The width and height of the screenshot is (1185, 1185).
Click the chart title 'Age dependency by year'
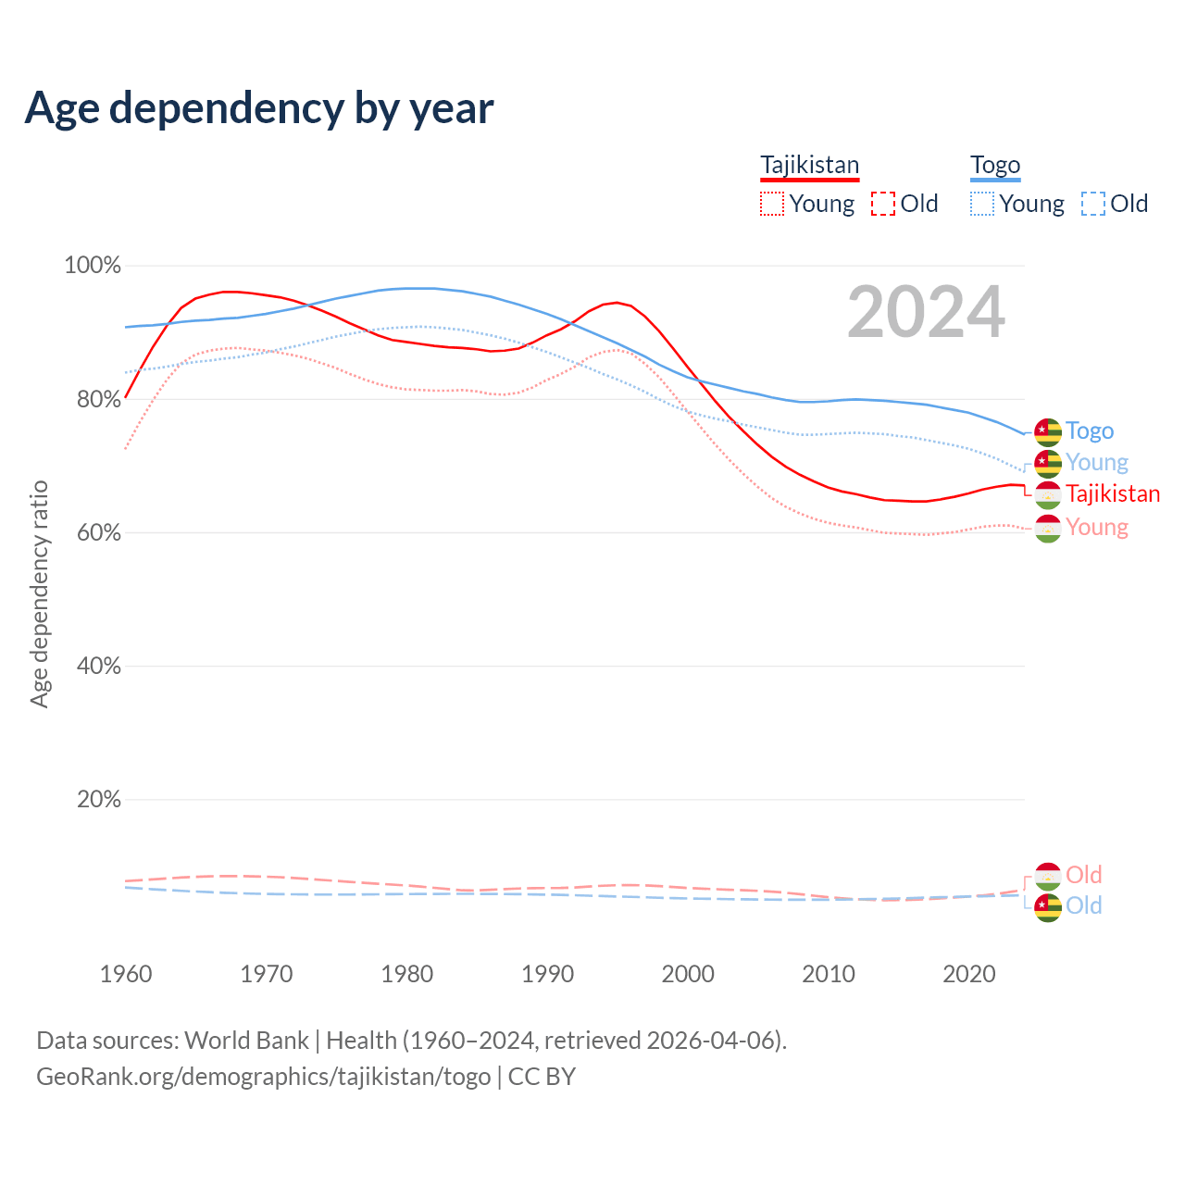pos(259,108)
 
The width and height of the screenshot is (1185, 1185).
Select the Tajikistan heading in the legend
pos(809,166)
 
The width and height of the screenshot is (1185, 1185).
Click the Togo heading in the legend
pos(995,166)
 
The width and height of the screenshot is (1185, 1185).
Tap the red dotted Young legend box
pos(771,204)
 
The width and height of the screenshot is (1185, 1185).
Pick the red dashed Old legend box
pos(883,204)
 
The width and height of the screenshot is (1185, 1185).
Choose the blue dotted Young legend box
pos(982,204)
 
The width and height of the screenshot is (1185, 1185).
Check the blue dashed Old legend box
pos(1093,204)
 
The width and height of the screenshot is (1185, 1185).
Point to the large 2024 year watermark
pos(926,313)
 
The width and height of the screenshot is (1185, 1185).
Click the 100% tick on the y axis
pos(93,266)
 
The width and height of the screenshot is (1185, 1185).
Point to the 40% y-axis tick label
pos(98,666)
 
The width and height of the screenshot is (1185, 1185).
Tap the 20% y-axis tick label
pos(98,799)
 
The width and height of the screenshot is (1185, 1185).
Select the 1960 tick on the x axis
pos(126,974)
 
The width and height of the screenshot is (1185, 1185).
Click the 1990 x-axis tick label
pos(547,974)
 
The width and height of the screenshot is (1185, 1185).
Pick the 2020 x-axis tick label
pos(968,974)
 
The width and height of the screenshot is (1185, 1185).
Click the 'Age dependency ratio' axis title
pos(39,593)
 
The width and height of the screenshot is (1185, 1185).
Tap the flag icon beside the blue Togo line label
pos(1047,431)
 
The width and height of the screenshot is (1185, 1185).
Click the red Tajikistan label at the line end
pos(1113,494)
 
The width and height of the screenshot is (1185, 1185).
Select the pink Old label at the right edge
pos(1084,875)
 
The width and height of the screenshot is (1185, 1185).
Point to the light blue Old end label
pos(1084,905)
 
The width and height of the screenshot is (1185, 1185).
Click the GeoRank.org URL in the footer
pos(264,1077)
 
